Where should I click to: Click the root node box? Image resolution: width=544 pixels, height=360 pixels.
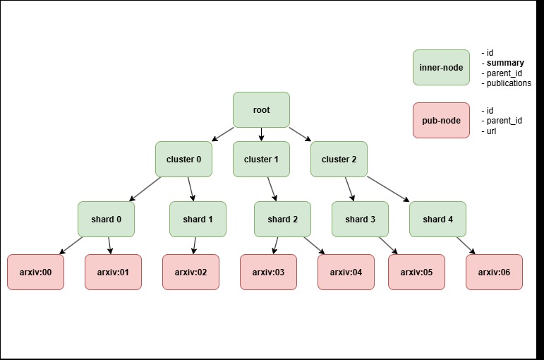point(261,109)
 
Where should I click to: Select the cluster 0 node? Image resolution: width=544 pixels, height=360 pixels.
point(183,159)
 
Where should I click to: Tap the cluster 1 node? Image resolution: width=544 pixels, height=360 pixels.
point(261,159)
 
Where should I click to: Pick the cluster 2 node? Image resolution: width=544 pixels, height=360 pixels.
point(339,159)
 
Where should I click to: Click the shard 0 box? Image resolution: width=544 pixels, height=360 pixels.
point(106,219)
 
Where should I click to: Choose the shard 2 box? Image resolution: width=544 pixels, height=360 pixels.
point(282,219)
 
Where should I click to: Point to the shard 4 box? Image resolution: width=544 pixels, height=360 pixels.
point(437,219)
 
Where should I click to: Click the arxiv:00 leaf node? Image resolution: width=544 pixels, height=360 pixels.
point(35,272)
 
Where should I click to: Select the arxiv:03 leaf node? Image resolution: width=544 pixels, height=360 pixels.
point(268,272)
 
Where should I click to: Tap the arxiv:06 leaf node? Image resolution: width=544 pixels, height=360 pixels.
point(494,272)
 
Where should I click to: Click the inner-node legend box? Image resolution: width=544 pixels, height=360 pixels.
point(441,67)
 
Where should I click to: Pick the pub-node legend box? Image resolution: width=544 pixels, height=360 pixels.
point(441,120)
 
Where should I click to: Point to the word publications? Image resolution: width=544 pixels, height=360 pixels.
point(509,83)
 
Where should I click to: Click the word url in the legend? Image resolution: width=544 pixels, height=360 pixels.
point(492,131)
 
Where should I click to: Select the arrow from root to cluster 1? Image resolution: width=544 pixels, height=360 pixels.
point(261,134)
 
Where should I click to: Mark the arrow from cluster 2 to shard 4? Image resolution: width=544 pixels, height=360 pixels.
point(385,188)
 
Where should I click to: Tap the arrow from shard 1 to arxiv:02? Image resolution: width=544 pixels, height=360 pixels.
point(195,245)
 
